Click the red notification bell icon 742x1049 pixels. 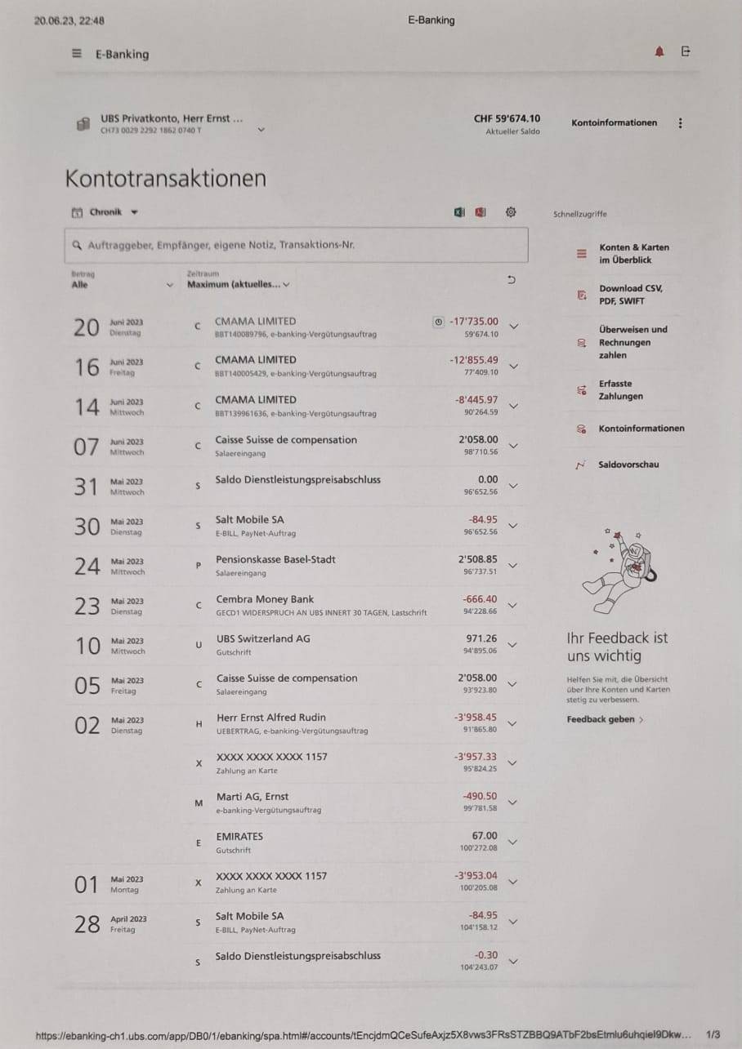659,52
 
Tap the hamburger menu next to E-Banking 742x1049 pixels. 77,54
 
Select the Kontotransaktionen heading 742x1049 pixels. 165,178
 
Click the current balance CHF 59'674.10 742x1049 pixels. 507,118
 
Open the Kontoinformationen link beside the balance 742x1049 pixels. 614,122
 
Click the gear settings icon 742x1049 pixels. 511,212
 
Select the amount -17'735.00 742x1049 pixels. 473,321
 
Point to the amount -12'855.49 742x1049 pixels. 473,360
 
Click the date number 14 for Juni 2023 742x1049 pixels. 87,407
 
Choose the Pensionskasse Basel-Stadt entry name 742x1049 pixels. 275,559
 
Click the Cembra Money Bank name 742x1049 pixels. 265,599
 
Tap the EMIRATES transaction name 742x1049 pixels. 239,836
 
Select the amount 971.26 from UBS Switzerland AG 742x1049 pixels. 481,638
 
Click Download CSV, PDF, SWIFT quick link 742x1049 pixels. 631,295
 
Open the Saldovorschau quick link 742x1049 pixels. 628,464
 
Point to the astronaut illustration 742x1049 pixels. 615,571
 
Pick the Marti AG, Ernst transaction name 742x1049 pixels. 252,796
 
